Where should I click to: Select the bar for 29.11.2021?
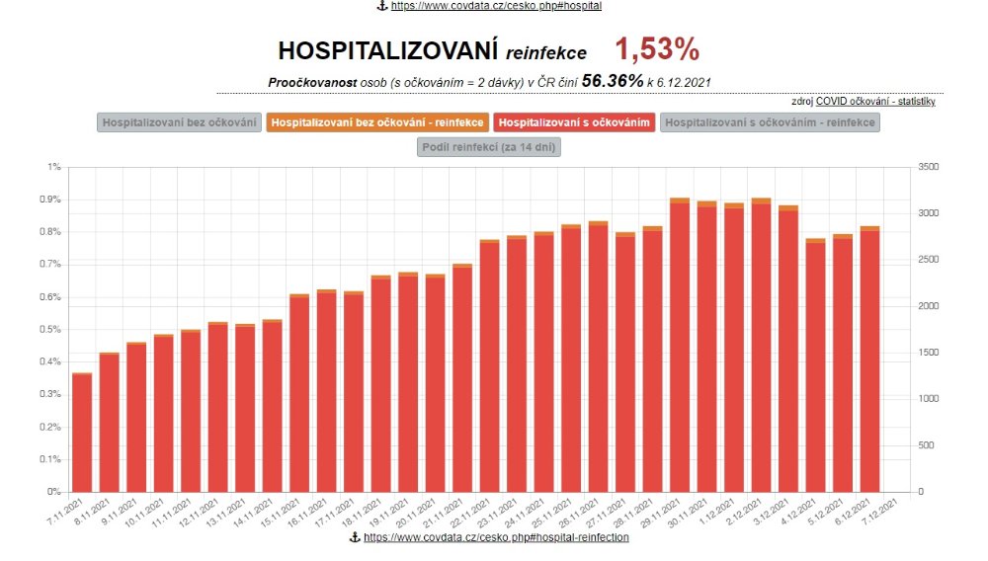pyautogui.click(x=680, y=346)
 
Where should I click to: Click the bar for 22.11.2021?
pyautogui.click(x=489, y=365)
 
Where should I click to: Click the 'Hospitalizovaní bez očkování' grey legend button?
pyautogui.click(x=177, y=122)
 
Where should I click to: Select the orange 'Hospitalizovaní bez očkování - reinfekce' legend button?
pyautogui.click(x=376, y=122)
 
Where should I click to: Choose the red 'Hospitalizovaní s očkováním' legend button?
pyautogui.click(x=574, y=122)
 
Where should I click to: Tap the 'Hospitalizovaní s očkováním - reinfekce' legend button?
pyautogui.click(x=770, y=122)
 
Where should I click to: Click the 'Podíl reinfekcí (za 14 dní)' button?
pyautogui.click(x=490, y=147)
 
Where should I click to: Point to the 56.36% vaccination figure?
pyautogui.click(x=613, y=81)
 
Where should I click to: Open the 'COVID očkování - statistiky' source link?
pyautogui.click(x=875, y=102)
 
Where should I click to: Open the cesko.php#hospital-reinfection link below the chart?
pyautogui.click(x=495, y=536)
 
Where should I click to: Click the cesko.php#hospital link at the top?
pyautogui.click(x=495, y=6)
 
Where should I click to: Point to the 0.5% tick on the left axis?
pyautogui.click(x=48, y=329)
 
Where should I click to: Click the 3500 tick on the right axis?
pyautogui.click(x=928, y=167)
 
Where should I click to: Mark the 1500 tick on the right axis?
pyautogui.click(x=928, y=353)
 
